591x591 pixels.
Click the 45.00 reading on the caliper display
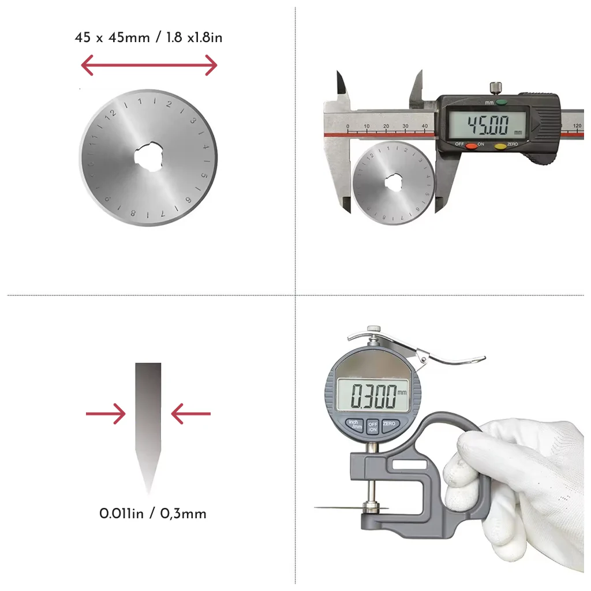click(488, 125)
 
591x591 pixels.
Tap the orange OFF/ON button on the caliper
click(472, 145)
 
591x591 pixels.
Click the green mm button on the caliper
click(500, 103)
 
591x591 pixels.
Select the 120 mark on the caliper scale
click(576, 126)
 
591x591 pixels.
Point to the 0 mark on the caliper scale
click(347, 126)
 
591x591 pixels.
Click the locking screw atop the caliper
click(495, 88)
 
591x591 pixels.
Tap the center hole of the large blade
click(148, 157)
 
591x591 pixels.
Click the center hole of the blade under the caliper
click(394, 182)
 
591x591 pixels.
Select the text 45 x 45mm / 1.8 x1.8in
click(148, 38)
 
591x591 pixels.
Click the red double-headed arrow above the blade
click(148, 65)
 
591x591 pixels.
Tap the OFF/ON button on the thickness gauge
click(373, 426)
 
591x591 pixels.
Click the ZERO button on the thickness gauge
click(390, 424)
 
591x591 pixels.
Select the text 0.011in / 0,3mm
click(152, 513)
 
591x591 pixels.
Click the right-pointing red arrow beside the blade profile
click(106, 414)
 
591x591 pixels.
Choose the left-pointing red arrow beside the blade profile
click(191, 414)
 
